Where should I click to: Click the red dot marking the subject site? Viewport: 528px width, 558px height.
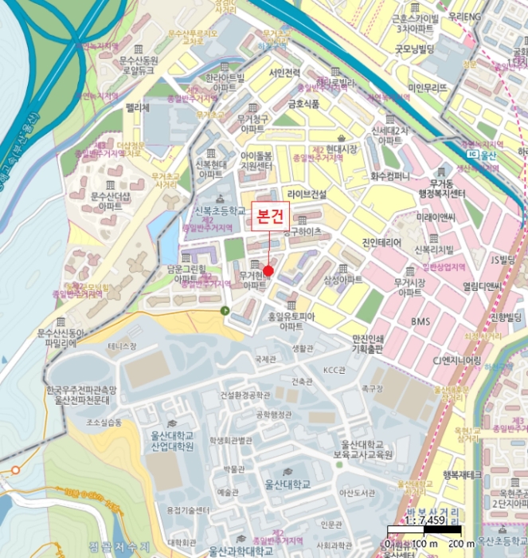click(x=268, y=271)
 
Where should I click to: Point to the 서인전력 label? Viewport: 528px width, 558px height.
click(x=284, y=73)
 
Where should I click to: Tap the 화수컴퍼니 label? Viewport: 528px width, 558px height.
click(x=390, y=175)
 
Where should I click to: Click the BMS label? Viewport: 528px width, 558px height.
click(x=420, y=321)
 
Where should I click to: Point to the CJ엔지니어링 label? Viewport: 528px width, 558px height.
click(x=457, y=360)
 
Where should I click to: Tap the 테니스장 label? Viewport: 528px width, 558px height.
click(x=123, y=346)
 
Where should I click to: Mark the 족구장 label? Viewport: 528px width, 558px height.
click(x=372, y=389)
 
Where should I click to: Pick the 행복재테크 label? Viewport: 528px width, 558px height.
click(x=463, y=474)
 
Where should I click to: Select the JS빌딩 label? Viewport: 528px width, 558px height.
click(x=503, y=260)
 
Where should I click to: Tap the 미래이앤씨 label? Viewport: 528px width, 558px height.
click(x=434, y=217)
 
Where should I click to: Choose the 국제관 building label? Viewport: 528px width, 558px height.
click(x=264, y=360)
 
